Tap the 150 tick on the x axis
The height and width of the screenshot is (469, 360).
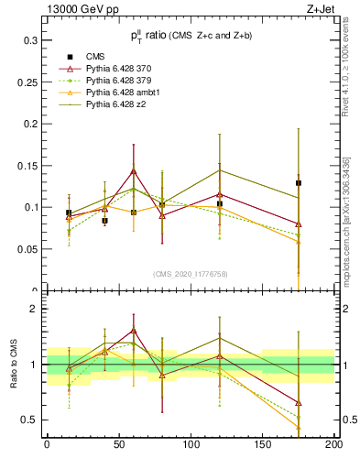[262, 444]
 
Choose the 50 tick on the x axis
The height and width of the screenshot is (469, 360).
[118, 444]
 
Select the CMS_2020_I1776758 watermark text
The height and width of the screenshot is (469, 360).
[191, 273]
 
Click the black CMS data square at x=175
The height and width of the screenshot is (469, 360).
[299, 183]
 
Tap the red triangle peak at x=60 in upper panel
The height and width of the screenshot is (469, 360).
[134, 171]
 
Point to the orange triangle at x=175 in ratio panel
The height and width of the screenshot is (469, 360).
[299, 427]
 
